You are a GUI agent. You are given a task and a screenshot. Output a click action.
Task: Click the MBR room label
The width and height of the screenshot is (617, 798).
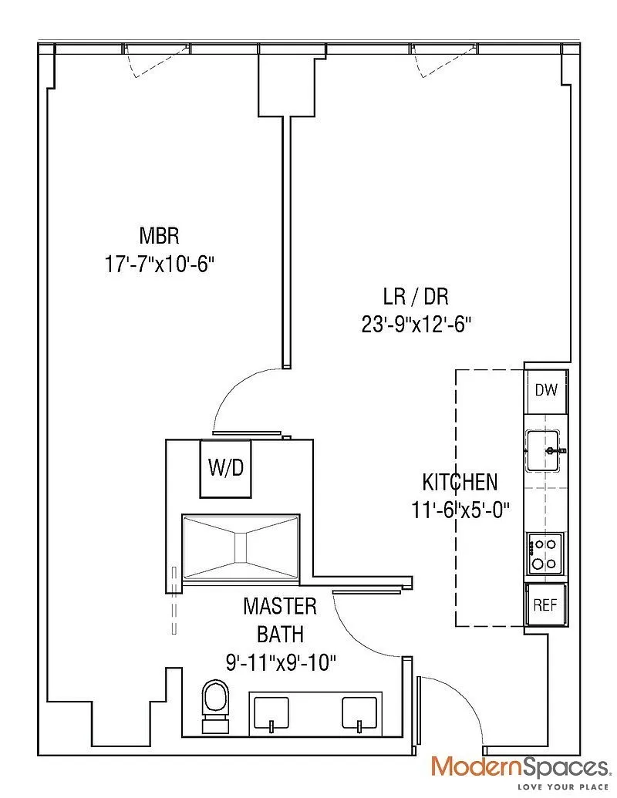click(160, 234)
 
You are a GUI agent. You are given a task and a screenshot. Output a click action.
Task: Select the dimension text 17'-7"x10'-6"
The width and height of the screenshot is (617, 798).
click(160, 264)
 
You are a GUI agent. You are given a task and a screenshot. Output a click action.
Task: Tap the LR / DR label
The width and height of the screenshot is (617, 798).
click(416, 295)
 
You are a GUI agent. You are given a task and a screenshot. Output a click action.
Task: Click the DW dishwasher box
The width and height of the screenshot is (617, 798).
click(546, 389)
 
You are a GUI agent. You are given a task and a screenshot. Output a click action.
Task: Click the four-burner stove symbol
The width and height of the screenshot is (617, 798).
click(546, 554)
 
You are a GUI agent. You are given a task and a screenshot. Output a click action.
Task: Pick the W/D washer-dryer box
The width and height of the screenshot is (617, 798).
click(227, 467)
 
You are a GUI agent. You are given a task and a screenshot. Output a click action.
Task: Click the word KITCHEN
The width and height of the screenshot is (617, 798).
click(460, 483)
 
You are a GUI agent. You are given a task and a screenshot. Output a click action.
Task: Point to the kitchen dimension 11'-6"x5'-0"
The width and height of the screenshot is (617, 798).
click(460, 510)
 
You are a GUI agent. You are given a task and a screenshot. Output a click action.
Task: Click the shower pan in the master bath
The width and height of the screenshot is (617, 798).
click(240, 545)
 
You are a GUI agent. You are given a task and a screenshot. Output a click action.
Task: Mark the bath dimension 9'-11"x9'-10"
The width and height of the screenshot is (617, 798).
click(280, 662)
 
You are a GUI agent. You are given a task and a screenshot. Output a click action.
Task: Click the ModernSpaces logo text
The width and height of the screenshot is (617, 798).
click(519, 766)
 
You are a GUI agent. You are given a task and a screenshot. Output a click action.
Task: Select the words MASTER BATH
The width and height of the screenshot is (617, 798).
click(280, 620)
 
